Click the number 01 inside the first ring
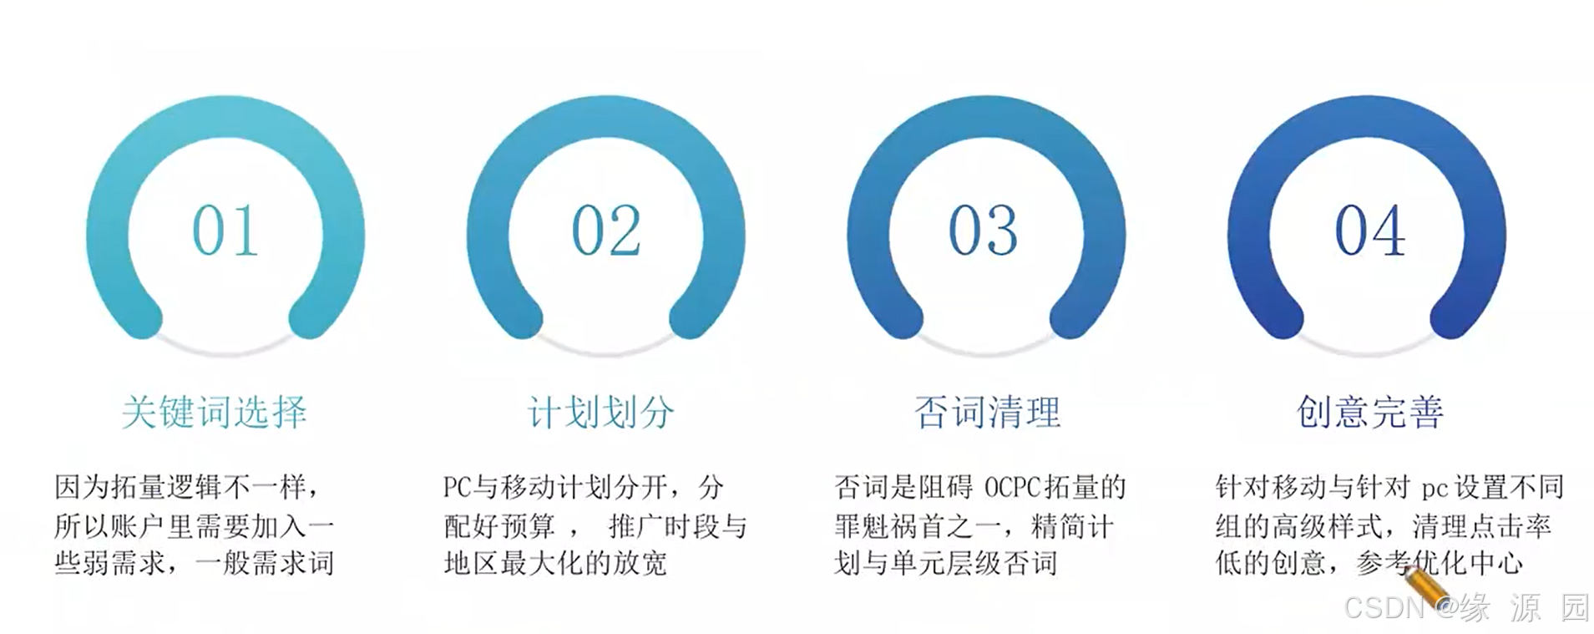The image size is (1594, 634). tap(225, 231)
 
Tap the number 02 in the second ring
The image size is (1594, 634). tap(606, 231)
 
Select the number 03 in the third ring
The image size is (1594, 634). tap(983, 231)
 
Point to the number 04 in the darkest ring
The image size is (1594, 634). tap(1369, 231)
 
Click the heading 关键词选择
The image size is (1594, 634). tap(215, 412)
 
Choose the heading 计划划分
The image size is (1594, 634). tap(601, 412)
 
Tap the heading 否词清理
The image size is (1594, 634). tap(987, 412)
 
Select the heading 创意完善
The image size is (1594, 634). tap(1369, 412)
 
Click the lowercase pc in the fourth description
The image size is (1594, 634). tap(1434, 488)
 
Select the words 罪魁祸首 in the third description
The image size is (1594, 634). tap(890, 526)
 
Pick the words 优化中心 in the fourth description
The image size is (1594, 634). tap(1468, 563)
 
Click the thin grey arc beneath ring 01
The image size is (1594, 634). tap(225, 348)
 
